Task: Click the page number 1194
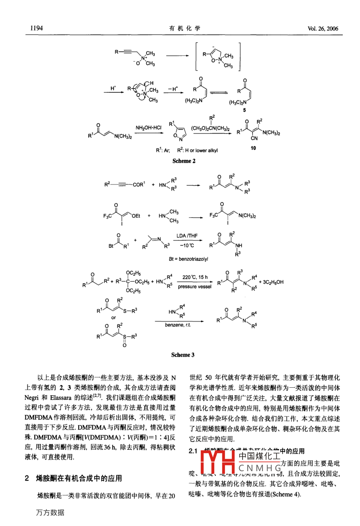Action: [x=36, y=28]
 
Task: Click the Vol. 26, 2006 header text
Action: [x=323, y=29]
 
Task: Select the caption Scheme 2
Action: [x=184, y=161]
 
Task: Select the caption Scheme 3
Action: [x=183, y=355]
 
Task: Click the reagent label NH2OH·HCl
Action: [x=148, y=128]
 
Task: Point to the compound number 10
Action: [x=254, y=148]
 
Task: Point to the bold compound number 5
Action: [x=245, y=110]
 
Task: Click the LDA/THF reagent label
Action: [x=187, y=236]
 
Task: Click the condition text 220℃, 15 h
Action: [x=195, y=277]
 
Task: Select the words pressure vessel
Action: [x=195, y=287]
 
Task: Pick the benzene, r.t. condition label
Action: [x=178, y=325]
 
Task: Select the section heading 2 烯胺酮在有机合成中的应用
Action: [x=73, y=478]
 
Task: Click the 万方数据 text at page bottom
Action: [x=50, y=513]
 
